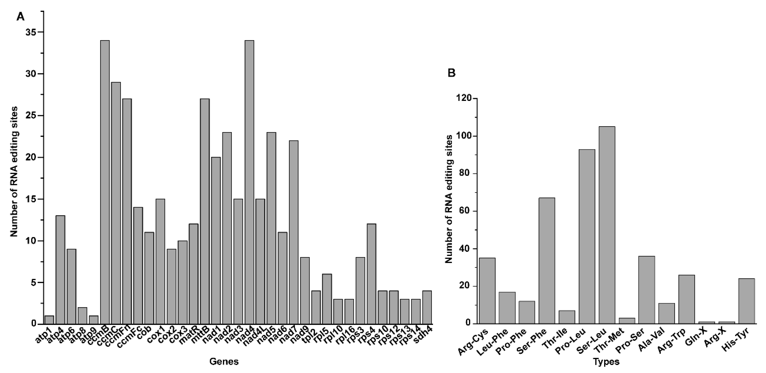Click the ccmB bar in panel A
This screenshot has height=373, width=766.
coord(105,182)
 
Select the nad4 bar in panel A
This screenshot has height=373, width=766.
coord(249,182)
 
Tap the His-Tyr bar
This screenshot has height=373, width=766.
coord(747,301)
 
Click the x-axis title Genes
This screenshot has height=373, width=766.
coord(224,361)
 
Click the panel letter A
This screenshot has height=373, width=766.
coord(20,17)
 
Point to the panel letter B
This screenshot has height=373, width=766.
coord(451,73)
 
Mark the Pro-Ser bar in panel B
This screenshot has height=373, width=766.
coord(647,290)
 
